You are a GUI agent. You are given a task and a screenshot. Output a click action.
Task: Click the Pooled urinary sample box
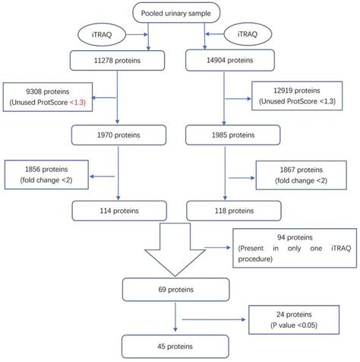(x=177, y=13)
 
